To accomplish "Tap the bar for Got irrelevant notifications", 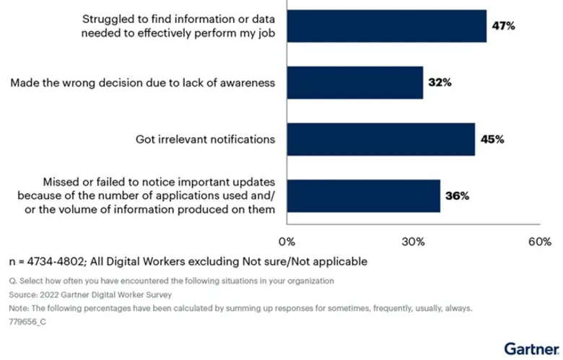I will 381,139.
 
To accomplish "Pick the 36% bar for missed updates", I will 364,196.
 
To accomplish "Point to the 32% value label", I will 440,83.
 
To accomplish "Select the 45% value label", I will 492,139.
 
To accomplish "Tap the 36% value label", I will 457,196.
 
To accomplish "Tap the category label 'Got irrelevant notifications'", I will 206,139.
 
